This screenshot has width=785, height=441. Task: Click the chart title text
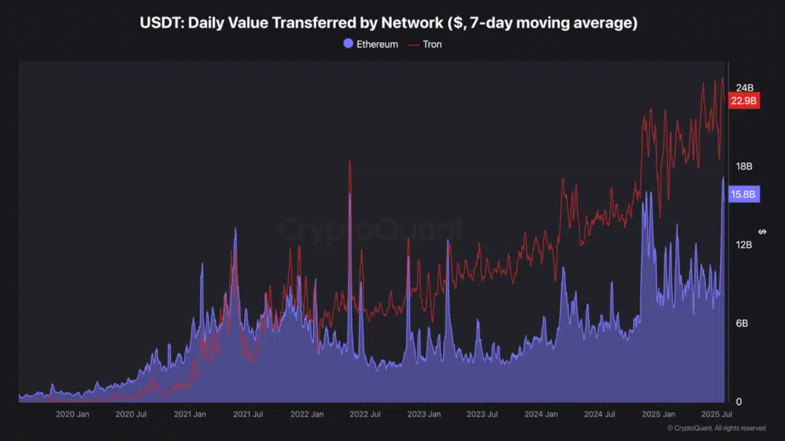(x=388, y=23)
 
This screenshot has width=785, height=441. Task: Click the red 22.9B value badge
(x=743, y=100)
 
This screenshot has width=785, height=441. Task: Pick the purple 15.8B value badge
(x=743, y=195)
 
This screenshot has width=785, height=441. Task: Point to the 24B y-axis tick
(x=744, y=88)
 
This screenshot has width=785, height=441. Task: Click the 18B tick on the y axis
(x=744, y=166)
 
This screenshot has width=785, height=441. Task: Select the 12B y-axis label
(x=744, y=244)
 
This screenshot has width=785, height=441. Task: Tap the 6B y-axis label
(x=741, y=323)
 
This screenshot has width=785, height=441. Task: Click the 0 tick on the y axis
(x=738, y=401)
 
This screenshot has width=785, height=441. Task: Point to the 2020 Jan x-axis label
(x=72, y=414)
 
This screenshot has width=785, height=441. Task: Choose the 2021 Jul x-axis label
(x=248, y=414)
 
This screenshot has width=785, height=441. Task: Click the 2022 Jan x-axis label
(x=307, y=414)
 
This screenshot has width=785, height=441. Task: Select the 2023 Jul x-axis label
(x=482, y=414)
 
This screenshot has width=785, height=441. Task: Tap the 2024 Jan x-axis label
(x=541, y=414)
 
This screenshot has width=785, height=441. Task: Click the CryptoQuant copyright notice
(x=716, y=428)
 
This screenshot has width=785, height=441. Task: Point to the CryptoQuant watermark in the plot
(x=371, y=230)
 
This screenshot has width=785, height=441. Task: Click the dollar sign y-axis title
(x=762, y=232)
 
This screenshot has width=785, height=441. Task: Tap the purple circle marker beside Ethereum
(x=348, y=44)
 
